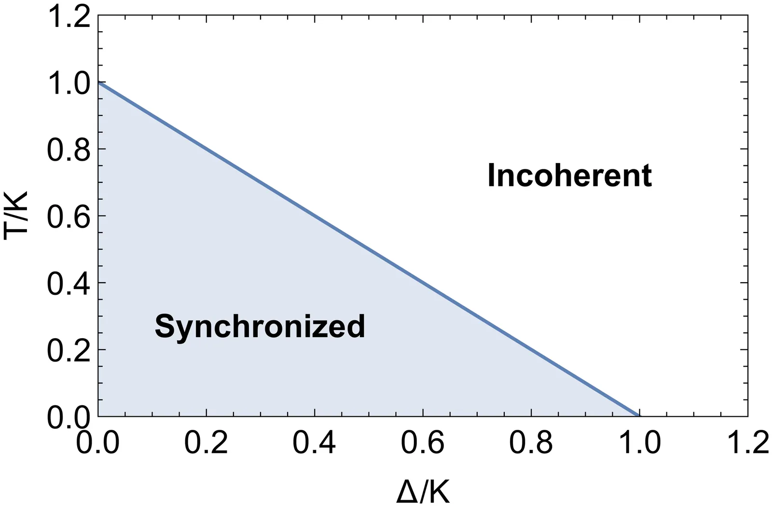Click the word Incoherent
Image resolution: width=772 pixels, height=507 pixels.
tap(570, 176)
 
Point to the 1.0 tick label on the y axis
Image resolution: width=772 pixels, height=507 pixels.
tap(69, 83)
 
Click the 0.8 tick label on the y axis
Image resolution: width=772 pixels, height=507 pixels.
tap(69, 150)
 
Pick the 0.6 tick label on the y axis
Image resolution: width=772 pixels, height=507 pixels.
tap(69, 217)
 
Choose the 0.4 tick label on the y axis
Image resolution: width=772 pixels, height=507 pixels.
tap(69, 284)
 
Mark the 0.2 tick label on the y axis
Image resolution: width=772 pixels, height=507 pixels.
tap(69, 351)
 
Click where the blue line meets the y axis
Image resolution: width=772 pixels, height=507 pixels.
tap(98, 82)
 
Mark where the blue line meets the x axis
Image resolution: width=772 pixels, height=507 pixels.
tap(639, 416)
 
